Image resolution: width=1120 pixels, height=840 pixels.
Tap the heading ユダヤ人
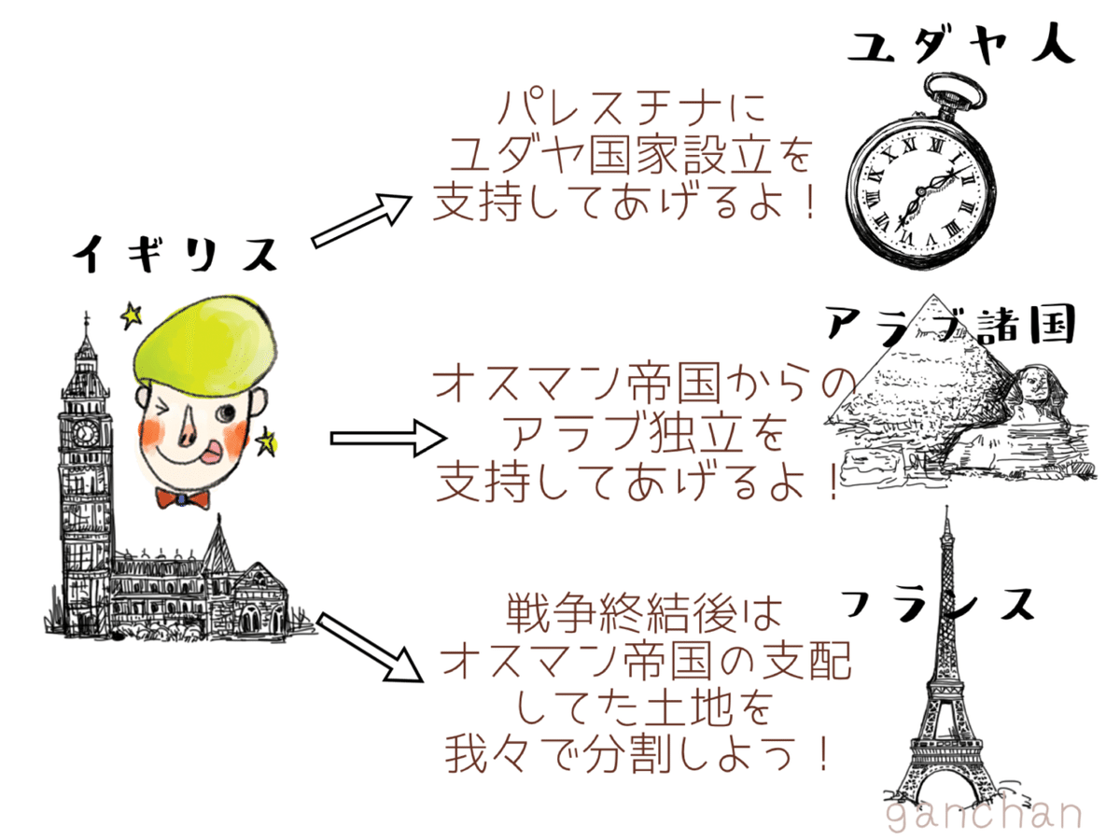click(960, 44)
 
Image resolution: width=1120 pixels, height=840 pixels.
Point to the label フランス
click(938, 604)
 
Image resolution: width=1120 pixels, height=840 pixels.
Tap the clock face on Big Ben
click(86, 433)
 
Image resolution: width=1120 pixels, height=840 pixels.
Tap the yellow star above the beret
click(130, 317)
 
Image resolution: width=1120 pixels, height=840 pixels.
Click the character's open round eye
click(225, 412)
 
